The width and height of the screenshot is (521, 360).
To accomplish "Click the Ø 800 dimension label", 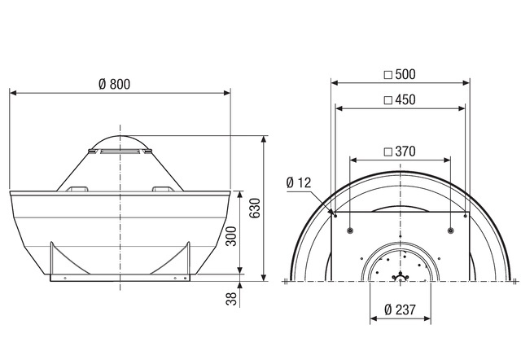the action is coord(114,84).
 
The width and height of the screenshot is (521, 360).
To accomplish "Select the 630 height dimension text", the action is coord(255,208).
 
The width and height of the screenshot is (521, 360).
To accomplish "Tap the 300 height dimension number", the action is coord(231,236).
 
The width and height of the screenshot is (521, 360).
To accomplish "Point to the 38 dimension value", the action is coord(231,298).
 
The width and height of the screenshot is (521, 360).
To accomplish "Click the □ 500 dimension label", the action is coord(400,74).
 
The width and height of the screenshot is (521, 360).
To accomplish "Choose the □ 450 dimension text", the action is coord(400,99).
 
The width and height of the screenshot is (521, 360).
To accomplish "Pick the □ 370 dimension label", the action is coord(400,151).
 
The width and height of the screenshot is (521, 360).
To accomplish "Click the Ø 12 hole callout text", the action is coord(299,182).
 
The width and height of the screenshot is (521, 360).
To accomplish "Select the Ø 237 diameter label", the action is coord(400,310).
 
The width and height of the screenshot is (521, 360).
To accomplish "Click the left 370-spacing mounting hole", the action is coord(349,230).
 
